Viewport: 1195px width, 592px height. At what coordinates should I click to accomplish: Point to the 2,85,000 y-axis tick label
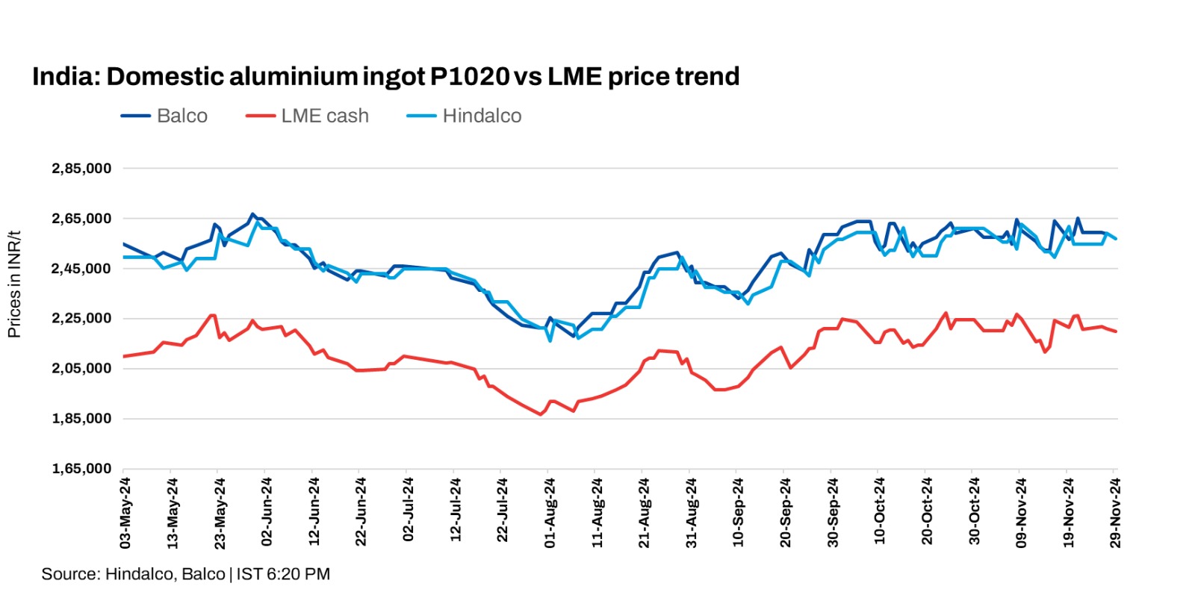tap(81, 169)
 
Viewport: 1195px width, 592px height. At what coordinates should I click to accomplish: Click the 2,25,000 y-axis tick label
tap(81, 319)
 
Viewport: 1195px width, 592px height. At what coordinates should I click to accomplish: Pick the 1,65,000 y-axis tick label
tap(81, 469)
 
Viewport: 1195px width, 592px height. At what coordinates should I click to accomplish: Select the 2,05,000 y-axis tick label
tap(81, 369)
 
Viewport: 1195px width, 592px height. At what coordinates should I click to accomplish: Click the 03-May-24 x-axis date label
tap(125, 514)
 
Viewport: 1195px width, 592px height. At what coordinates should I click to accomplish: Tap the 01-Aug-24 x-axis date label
tap(550, 514)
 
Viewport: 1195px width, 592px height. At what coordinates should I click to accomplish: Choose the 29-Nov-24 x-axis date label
tap(1114, 514)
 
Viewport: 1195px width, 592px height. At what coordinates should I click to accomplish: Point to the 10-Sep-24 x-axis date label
tap(738, 514)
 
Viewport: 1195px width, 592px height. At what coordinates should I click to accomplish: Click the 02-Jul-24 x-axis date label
tap(408, 514)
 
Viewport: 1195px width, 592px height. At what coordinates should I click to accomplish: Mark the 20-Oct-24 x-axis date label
tap(926, 514)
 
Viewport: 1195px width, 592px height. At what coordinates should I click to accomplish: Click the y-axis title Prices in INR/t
tap(14, 284)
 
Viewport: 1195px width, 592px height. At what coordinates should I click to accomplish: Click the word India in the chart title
tap(64, 77)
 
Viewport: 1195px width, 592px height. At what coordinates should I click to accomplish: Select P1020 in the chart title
tap(469, 77)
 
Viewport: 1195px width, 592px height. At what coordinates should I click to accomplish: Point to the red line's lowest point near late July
tap(541, 414)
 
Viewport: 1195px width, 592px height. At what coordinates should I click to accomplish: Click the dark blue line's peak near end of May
tap(252, 214)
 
